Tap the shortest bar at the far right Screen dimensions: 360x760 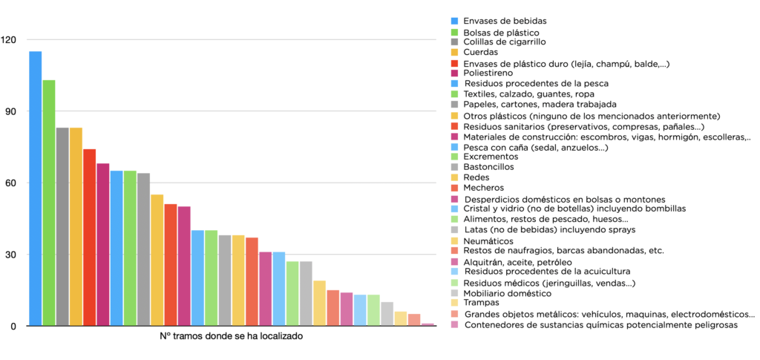pos(427,324)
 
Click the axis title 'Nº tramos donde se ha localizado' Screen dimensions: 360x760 pos(232,336)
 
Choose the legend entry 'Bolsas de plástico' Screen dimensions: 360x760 pos(501,33)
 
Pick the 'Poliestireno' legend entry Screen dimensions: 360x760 pos(488,73)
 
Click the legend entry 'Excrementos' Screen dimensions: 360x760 pos(490,157)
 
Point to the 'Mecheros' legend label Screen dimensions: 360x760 pos(484,188)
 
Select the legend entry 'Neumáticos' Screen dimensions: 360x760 pos(488,240)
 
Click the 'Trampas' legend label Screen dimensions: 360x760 pos(481,302)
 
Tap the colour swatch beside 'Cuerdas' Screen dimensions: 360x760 pos(454,53)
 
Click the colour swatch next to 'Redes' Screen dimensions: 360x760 pos(454,178)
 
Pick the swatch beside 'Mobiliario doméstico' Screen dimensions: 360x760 pos(454,293)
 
